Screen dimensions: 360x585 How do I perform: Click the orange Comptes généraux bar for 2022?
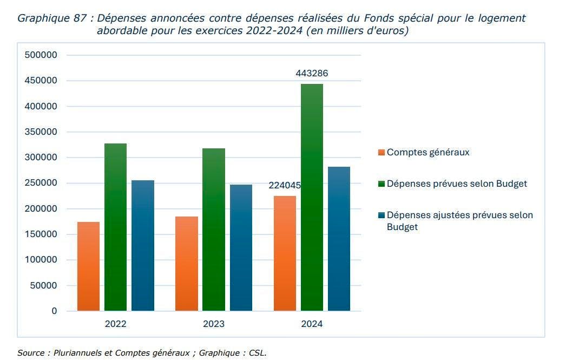point(88,266)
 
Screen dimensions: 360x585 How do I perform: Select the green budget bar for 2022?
point(115,227)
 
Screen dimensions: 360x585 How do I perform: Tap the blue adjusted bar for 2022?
point(143,246)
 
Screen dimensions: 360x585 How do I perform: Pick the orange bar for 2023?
point(187,264)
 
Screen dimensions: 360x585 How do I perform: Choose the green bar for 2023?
point(214,230)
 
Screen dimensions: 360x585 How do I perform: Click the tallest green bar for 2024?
point(312,198)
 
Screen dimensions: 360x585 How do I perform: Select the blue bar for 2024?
point(339,239)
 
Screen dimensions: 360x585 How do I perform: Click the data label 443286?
point(312,73)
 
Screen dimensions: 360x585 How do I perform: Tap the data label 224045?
point(285,186)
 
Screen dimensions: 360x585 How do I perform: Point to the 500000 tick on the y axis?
point(41,55)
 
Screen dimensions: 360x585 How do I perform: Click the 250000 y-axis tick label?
point(41,183)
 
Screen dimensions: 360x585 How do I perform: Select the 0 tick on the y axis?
point(54,311)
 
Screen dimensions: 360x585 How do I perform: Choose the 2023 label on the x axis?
point(214,324)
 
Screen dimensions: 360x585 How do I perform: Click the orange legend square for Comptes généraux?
point(382,153)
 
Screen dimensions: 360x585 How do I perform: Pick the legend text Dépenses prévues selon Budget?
point(457,184)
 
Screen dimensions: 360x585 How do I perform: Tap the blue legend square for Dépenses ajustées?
point(382,215)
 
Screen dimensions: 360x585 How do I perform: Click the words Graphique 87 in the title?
point(52,18)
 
